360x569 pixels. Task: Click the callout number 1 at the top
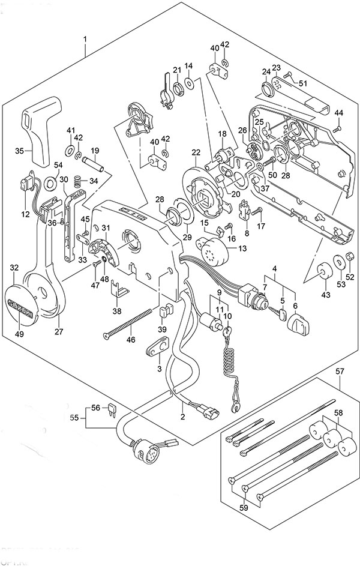[x=85, y=39]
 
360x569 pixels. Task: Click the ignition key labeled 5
[x=278, y=312]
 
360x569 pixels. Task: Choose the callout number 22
[x=196, y=152]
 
